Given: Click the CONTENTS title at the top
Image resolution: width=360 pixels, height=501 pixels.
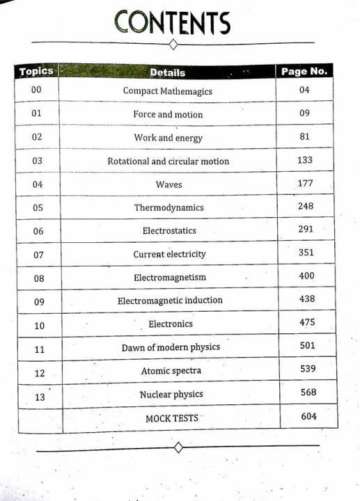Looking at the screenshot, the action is (x=173, y=22).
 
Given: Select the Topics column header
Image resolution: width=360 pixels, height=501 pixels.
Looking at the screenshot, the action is (x=36, y=71).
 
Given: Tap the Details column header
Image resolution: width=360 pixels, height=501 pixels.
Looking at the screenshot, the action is (x=168, y=72).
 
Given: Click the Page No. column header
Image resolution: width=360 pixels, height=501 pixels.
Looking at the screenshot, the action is (x=304, y=71).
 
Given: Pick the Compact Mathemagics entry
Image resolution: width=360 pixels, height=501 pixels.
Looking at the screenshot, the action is (x=168, y=90).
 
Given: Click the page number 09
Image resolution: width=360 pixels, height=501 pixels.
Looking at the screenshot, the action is (x=304, y=113).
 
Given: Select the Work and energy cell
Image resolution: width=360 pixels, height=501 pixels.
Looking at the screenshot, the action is (x=169, y=138).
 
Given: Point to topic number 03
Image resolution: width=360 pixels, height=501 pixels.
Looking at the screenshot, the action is (x=38, y=161).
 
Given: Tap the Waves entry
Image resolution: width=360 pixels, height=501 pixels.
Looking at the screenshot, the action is (x=169, y=184).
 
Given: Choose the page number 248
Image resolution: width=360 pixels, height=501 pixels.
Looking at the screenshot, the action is (x=306, y=206).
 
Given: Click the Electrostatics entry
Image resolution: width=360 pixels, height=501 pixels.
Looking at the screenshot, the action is (x=169, y=230).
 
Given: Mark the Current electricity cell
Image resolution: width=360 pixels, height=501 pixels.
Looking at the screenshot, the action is (x=170, y=254).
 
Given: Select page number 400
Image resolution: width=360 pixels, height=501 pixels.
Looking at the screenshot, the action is (x=306, y=276).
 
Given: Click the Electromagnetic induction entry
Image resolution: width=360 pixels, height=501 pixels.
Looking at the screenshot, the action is (x=171, y=301).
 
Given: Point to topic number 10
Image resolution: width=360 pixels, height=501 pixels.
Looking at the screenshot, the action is (x=39, y=326).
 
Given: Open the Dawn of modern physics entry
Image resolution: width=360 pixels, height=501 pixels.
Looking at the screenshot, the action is (x=171, y=347).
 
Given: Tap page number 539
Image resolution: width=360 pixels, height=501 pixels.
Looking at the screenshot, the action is (x=308, y=368).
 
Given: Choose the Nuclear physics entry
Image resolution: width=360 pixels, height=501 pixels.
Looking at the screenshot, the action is (x=171, y=395).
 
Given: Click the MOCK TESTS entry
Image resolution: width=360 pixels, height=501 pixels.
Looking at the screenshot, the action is (x=172, y=417).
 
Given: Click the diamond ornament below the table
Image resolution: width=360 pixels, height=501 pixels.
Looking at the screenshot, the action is (x=178, y=447).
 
